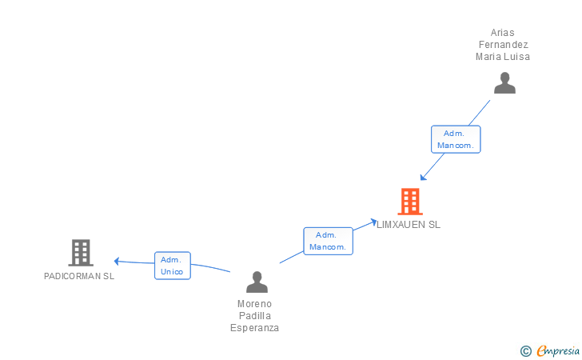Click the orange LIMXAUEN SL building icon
point(409,202)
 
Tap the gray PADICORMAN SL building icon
point(81,253)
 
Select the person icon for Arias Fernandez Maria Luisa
point(504,83)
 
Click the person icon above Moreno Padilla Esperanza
point(257,282)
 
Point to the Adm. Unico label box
point(172,266)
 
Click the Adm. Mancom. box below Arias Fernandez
point(456,139)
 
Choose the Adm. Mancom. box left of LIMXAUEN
point(328,241)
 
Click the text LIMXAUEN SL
point(409,225)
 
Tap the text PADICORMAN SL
point(79,276)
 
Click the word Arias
point(503,33)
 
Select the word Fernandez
point(503,45)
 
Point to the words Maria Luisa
point(503,57)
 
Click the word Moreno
point(254,304)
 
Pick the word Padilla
point(254,316)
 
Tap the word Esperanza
point(254,328)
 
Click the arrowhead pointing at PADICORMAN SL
point(117,261)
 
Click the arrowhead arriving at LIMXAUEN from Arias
point(423,178)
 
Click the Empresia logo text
point(557,350)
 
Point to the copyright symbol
point(526,350)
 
